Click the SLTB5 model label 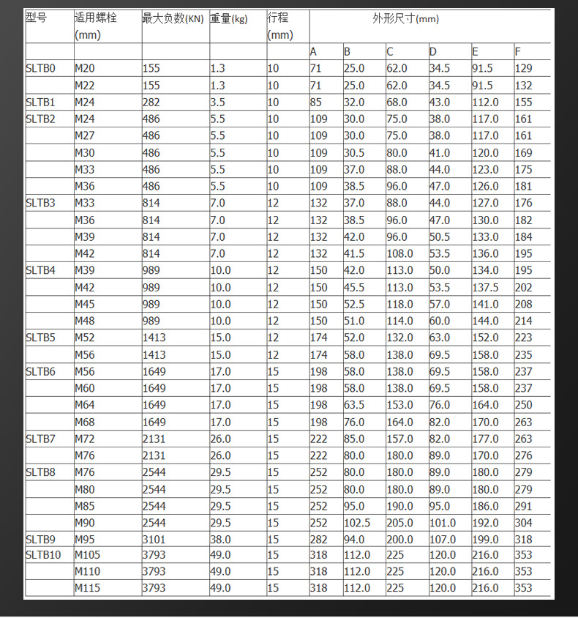point(40,338)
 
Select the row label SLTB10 point(43,555)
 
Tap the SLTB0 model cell point(40,69)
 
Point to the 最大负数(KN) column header point(173,18)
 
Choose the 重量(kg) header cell point(229,18)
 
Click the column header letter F point(518,52)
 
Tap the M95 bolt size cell point(85,540)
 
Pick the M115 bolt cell point(88,588)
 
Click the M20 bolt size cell point(85,69)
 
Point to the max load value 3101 point(154,540)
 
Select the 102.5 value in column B point(357,523)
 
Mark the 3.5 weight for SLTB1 point(217,103)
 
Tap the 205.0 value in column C point(399,523)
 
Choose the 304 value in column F point(524,523)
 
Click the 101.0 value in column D point(442,523)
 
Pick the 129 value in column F point(524,69)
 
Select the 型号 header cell point(36,18)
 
